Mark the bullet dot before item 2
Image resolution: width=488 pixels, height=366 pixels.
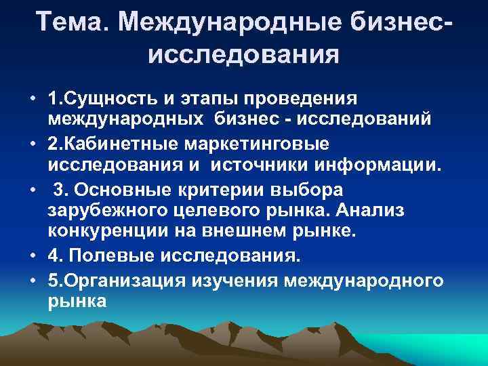32,144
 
